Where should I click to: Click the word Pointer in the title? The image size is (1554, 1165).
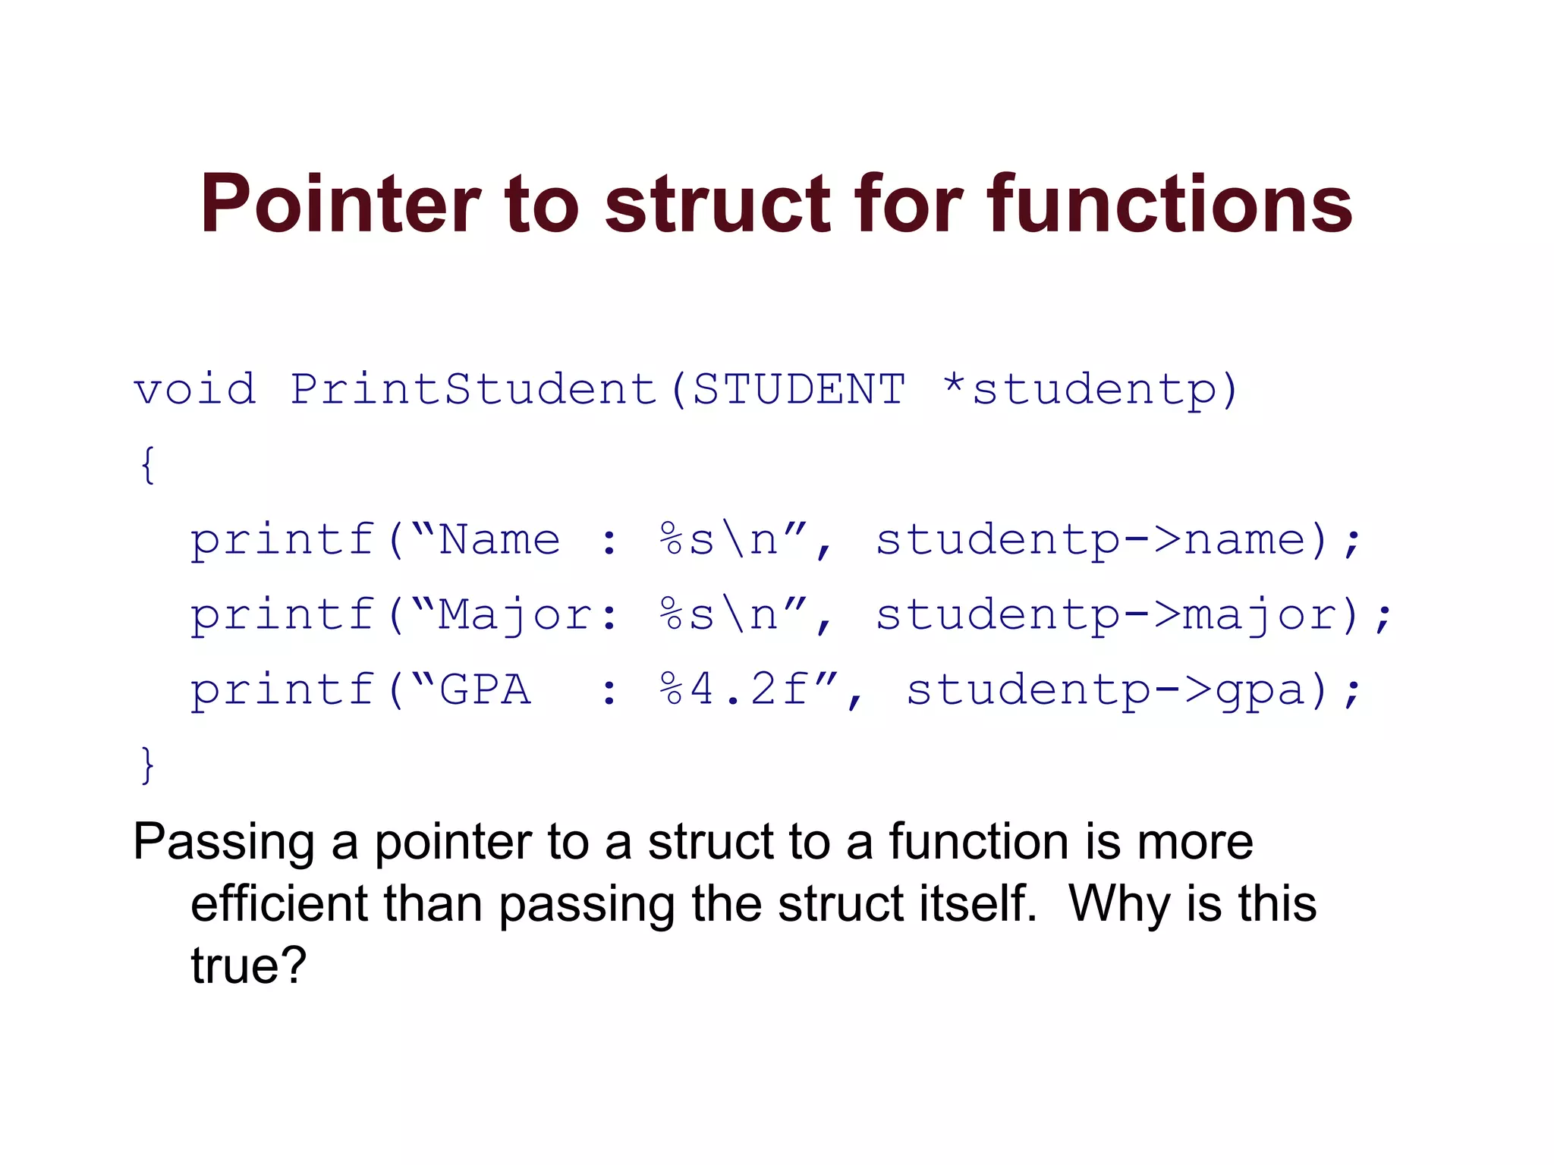tap(340, 205)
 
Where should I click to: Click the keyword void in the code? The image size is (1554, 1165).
tap(195, 390)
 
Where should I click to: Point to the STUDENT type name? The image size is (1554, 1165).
tap(799, 390)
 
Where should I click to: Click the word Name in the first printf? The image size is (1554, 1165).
tap(499, 540)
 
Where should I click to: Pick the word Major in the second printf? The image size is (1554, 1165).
tap(514, 614)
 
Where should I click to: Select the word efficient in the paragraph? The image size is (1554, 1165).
tap(279, 905)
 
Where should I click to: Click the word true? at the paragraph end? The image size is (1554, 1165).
tap(248, 966)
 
